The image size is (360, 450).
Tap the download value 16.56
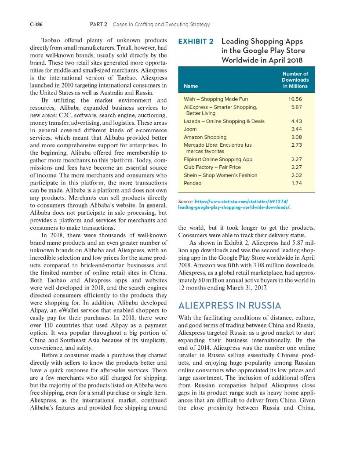(x=295, y=99)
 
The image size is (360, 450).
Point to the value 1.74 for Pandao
(x=297, y=182)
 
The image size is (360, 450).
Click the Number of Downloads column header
(x=295, y=80)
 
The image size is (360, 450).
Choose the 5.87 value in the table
(x=297, y=107)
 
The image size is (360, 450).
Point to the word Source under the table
(x=185, y=200)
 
